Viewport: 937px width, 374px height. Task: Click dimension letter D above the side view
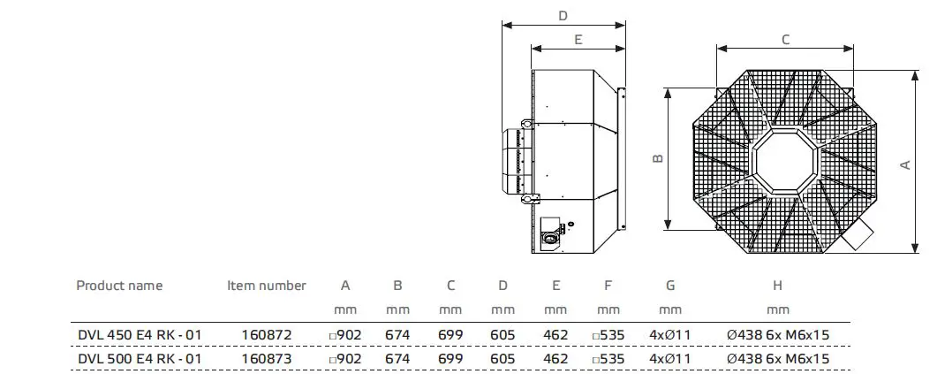click(563, 15)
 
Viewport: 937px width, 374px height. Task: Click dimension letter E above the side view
click(578, 39)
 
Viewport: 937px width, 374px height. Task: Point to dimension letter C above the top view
click(785, 39)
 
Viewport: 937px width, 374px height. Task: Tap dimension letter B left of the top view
click(657, 158)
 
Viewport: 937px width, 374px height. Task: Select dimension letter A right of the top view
click(904, 164)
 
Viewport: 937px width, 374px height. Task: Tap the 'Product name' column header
click(119, 286)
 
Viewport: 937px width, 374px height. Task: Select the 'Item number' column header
click(267, 286)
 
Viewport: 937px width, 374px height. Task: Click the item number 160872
click(267, 335)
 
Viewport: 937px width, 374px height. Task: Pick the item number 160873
click(267, 358)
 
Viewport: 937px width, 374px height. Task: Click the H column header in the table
click(777, 286)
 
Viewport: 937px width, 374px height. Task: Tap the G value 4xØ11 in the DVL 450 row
click(670, 335)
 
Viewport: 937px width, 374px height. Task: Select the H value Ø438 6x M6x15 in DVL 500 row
click(777, 358)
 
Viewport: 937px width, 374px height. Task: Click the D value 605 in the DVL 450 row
click(503, 335)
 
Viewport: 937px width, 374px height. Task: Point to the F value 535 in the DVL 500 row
click(608, 358)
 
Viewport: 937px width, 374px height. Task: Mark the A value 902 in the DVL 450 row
click(346, 335)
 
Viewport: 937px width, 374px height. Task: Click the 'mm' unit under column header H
click(777, 310)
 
